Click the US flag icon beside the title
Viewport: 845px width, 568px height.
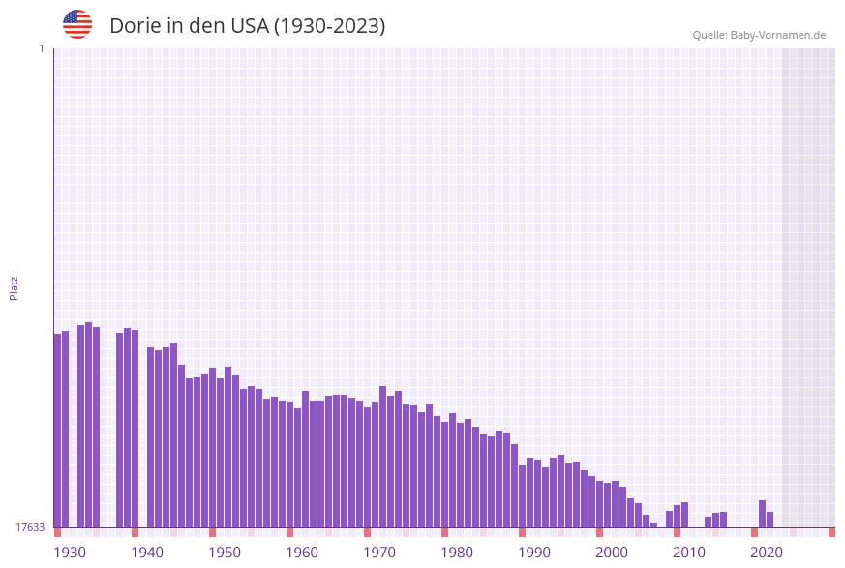(77, 24)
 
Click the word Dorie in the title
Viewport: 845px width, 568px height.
(135, 26)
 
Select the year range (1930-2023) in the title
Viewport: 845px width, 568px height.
(329, 26)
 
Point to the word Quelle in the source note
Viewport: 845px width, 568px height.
(709, 35)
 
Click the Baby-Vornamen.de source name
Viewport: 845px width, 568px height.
(778, 35)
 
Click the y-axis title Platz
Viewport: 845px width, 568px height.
(15, 287)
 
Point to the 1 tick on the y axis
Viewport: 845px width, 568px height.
(42, 48)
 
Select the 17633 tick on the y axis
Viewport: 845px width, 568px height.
(30, 527)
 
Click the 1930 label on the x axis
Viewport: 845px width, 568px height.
(70, 553)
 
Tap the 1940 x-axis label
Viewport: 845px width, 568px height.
(147, 553)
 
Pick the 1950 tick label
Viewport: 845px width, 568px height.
(225, 553)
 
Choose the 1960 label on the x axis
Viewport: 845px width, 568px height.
(302, 553)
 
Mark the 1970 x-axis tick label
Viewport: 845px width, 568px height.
(379, 553)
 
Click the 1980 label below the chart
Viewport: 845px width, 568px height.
(457, 553)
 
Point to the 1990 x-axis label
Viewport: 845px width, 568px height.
(534, 553)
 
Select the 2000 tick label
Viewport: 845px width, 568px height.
(612, 553)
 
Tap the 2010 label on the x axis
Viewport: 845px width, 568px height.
(689, 553)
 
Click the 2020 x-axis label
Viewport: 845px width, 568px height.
(767, 553)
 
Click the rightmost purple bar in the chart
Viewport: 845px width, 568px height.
(770, 520)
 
